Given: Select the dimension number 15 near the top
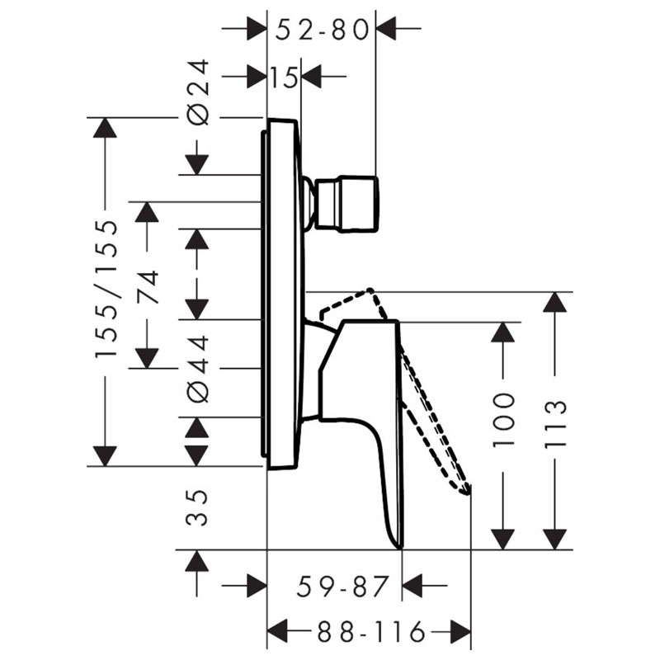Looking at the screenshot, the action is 283,78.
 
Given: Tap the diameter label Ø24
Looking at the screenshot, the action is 199,92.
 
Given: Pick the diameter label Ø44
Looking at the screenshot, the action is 199,368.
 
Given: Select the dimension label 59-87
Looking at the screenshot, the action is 342,587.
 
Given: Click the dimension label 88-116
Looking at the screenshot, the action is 370,633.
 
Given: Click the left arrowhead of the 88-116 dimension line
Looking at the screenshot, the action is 277,633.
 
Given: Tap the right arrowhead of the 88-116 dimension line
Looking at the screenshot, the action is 461,633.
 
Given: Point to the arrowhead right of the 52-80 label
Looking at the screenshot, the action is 388,31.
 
